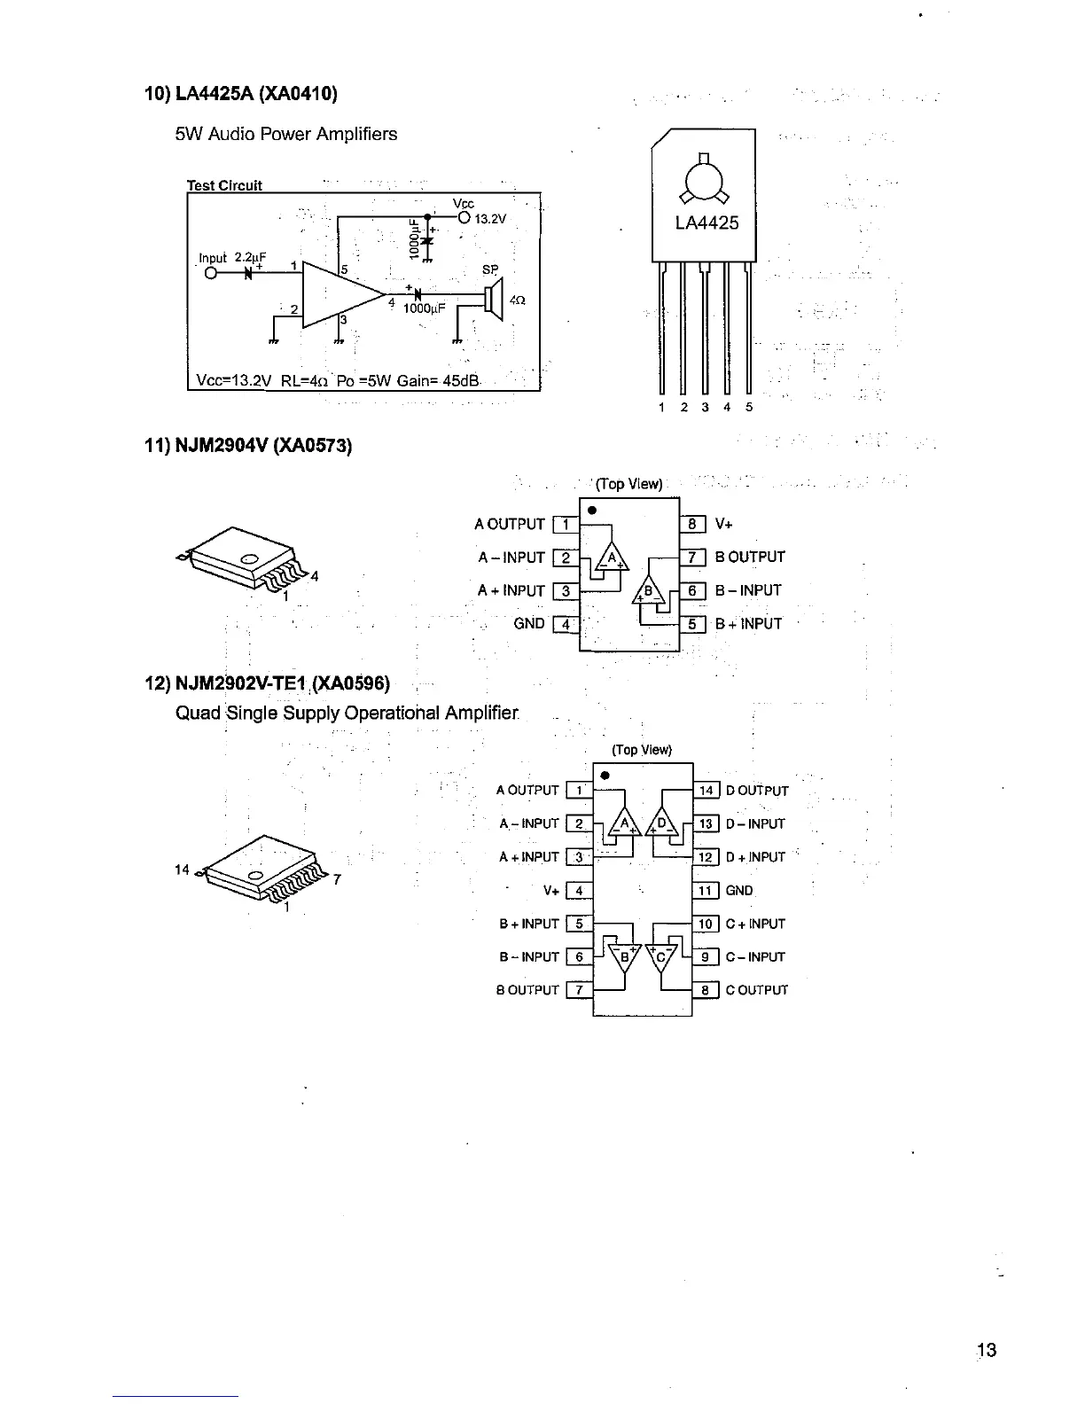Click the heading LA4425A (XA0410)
241,93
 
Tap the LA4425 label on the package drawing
706,222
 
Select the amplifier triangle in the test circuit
340,295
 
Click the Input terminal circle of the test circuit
210,272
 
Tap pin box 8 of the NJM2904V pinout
693,524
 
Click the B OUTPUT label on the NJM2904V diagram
750,558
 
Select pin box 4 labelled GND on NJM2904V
565,624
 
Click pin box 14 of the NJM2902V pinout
706,791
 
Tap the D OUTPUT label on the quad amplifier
757,791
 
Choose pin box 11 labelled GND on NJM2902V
706,891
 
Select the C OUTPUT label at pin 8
756,991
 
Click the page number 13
987,1350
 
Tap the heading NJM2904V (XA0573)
248,445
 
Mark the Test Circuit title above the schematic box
224,185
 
